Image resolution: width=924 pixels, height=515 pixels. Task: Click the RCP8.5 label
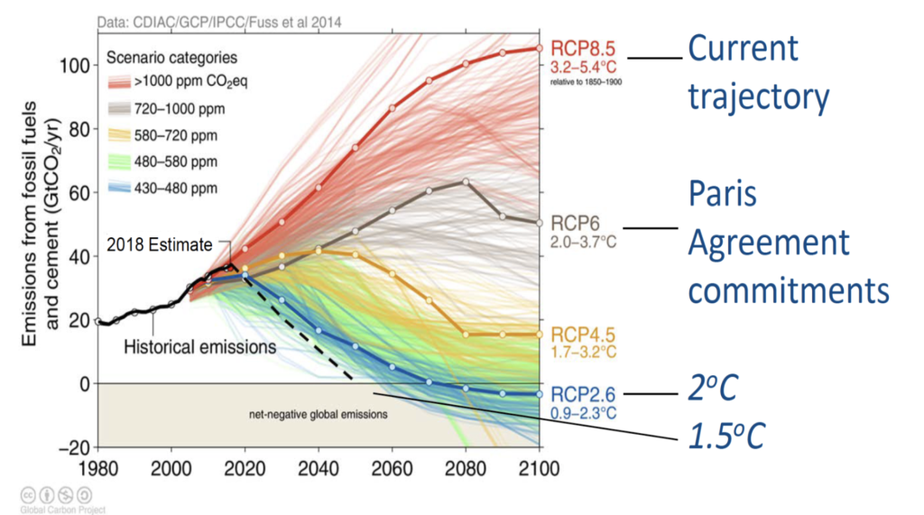click(x=583, y=49)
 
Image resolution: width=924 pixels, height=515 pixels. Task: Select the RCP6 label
click(x=575, y=224)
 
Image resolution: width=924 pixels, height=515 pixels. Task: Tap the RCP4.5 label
click(x=583, y=335)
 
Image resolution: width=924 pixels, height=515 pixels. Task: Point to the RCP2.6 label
click(x=583, y=394)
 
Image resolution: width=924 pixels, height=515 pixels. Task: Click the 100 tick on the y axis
click(x=75, y=66)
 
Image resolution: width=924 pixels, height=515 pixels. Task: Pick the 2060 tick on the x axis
click(x=392, y=468)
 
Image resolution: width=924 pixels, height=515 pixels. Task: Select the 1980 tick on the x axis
click(x=98, y=468)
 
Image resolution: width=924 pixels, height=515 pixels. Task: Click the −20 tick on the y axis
click(x=75, y=447)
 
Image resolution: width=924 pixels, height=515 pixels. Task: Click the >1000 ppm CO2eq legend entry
click(x=178, y=81)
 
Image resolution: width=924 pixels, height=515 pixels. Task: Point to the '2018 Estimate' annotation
click(x=159, y=244)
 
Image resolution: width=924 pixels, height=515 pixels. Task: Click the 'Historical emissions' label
click(x=199, y=347)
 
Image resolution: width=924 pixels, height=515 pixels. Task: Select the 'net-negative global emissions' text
click(x=319, y=414)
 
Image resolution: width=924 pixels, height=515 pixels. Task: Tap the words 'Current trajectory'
click(x=758, y=72)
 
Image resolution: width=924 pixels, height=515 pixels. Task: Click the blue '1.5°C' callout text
click(x=726, y=436)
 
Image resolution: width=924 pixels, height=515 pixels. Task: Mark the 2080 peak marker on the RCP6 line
click(x=467, y=182)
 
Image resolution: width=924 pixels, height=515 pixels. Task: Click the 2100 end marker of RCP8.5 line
click(x=540, y=49)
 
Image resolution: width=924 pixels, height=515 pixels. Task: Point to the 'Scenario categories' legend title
click(x=171, y=58)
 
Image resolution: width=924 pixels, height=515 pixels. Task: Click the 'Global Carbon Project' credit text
click(x=62, y=510)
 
